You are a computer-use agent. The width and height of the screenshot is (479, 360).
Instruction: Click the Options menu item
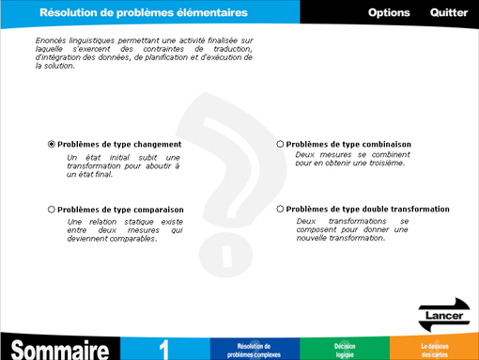pyautogui.click(x=389, y=12)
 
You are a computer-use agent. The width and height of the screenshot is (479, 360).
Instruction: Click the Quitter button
pyautogui.click(x=449, y=12)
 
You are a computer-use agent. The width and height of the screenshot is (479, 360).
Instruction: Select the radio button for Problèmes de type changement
pyautogui.click(x=52, y=144)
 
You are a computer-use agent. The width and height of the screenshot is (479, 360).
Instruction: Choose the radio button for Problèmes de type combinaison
pyautogui.click(x=280, y=144)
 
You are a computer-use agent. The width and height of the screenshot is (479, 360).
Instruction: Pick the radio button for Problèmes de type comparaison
pyautogui.click(x=52, y=209)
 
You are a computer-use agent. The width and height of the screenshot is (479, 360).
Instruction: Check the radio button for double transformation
pyautogui.click(x=280, y=209)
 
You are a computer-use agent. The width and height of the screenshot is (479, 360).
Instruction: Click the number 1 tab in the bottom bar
pyautogui.click(x=165, y=348)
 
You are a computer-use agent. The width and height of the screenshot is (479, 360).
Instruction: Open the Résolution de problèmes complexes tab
pyautogui.click(x=255, y=350)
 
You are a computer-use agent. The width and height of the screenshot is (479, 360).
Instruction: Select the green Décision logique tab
pyautogui.click(x=344, y=350)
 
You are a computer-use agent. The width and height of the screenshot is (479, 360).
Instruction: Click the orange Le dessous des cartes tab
pyautogui.click(x=434, y=350)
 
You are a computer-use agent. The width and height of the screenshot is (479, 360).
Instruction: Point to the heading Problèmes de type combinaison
pyautogui.click(x=348, y=144)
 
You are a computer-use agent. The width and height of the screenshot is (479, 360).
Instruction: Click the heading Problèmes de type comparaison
pyautogui.click(x=120, y=209)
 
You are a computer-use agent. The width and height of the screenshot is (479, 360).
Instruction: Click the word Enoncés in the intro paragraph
pyautogui.click(x=51, y=40)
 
